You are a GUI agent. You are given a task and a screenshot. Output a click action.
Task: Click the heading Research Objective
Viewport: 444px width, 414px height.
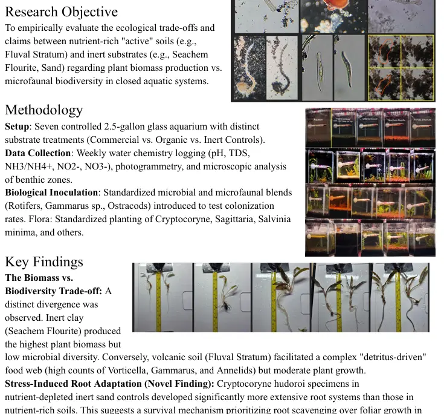[61, 11]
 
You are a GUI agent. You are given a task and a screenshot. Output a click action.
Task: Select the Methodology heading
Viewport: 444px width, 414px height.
[43, 110]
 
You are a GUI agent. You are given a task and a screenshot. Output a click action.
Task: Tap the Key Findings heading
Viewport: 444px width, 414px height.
[43, 261]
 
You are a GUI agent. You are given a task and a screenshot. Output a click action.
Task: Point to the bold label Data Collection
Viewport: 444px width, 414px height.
[37, 153]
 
